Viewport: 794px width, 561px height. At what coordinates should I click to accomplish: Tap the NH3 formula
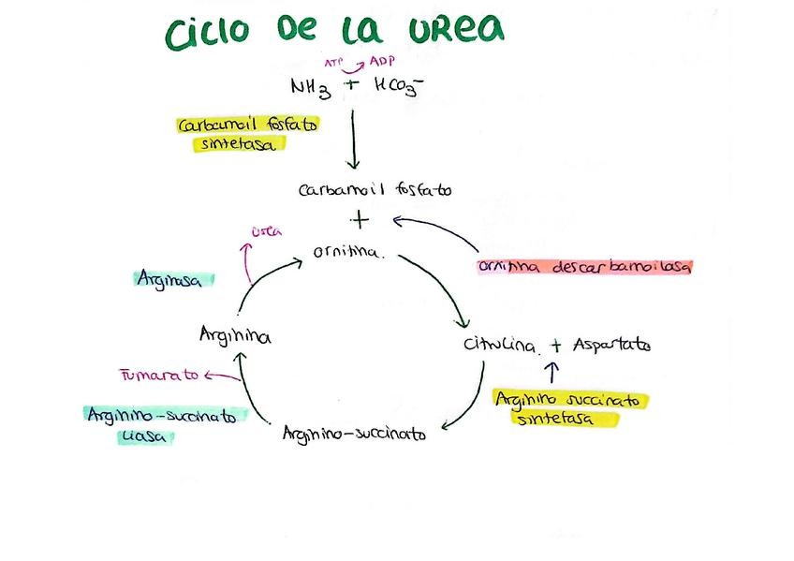(x=310, y=87)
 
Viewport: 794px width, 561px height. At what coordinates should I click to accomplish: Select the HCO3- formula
(x=399, y=85)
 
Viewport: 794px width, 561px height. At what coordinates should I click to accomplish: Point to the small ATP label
(x=333, y=63)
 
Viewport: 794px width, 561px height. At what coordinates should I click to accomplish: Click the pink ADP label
(x=381, y=62)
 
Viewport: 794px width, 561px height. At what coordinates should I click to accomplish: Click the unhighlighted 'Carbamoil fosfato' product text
(x=374, y=190)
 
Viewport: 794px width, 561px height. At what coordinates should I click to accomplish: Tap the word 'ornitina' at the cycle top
(x=347, y=253)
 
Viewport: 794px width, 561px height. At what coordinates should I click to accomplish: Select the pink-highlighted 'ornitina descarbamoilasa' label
(x=584, y=267)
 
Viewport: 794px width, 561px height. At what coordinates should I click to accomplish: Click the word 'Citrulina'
(x=501, y=345)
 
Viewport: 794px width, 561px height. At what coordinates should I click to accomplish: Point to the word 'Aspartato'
(x=611, y=345)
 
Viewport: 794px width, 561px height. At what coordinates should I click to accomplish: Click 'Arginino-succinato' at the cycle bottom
(x=354, y=434)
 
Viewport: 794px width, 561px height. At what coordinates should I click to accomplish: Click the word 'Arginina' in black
(x=235, y=334)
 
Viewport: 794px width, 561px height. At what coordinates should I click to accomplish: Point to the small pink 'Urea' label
(x=267, y=231)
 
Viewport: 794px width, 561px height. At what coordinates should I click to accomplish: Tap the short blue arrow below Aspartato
(x=551, y=372)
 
